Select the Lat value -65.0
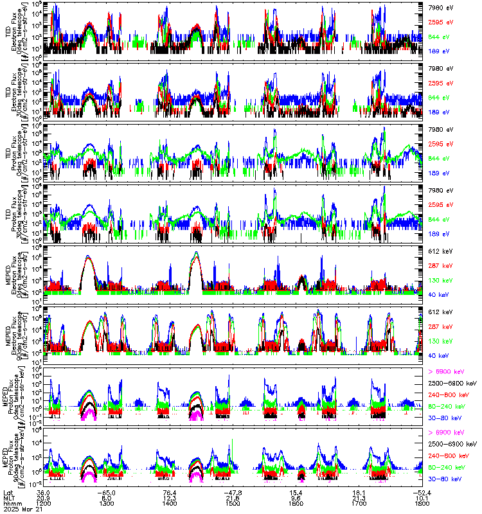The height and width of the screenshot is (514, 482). tap(108, 492)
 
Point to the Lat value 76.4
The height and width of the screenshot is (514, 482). tap(170, 492)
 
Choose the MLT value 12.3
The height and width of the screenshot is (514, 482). tap(170, 497)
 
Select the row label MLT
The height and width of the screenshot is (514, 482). tap(8, 497)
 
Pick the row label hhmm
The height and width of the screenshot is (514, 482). tap(10, 503)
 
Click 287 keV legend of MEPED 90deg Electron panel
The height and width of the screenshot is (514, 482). tap(440, 326)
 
